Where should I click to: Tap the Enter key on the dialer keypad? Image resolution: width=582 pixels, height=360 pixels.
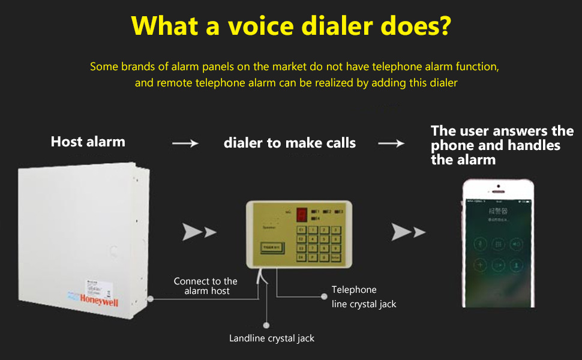[x=335, y=257]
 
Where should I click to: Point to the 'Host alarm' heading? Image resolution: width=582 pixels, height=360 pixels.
[x=88, y=142]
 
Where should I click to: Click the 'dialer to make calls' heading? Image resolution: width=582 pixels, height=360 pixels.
[x=290, y=143]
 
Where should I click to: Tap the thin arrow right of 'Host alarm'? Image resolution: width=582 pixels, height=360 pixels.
[x=185, y=143]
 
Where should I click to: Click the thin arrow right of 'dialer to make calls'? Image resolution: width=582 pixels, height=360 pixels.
[x=391, y=143]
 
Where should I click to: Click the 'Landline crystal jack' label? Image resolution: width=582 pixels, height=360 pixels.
[x=272, y=338]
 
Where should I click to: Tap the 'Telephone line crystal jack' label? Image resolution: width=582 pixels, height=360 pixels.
[x=364, y=297]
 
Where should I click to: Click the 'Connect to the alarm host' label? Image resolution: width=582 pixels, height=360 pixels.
[x=205, y=286]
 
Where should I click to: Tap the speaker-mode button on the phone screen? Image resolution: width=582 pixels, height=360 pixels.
[x=515, y=244]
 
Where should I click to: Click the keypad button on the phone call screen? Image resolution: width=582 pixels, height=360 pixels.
[x=497, y=244]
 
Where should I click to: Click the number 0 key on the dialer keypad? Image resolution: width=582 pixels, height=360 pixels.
[x=324, y=257]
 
